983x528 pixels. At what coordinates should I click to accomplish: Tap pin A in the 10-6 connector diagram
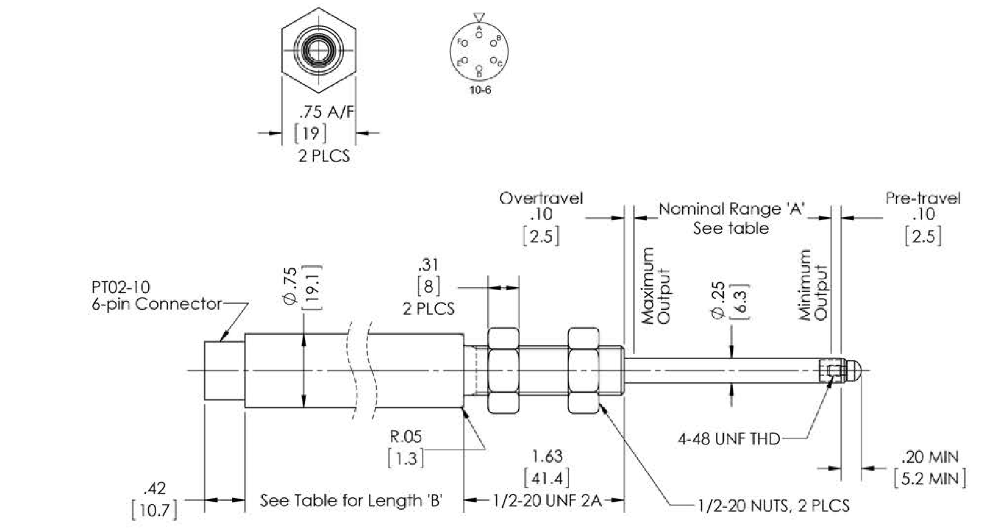479,34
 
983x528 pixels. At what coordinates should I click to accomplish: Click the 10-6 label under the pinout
479,91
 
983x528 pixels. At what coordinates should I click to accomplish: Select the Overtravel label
541,198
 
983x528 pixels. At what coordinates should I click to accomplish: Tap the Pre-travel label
923,198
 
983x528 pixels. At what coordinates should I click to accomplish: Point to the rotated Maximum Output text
656,286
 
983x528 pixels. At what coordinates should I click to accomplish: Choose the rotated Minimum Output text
813,286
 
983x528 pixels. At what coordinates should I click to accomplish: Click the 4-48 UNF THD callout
729,439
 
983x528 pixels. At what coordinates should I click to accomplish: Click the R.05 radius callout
405,436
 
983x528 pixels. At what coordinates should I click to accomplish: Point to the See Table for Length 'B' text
352,501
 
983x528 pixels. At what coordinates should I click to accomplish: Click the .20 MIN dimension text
929,457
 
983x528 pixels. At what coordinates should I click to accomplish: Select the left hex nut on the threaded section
503,370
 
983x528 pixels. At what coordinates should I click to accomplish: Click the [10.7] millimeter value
155,510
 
